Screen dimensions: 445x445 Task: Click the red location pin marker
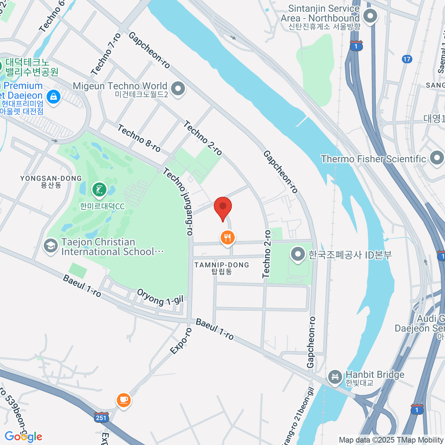coord(223,208)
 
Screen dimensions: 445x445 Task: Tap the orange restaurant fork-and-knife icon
coord(228,237)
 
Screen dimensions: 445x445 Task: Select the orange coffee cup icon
coord(123,400)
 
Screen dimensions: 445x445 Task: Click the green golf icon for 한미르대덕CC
coord(99,190)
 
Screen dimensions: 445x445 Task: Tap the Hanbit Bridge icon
coord(335,376)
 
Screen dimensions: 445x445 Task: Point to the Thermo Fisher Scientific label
coord(373,159)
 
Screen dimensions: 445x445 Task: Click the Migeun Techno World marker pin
coord(179,89)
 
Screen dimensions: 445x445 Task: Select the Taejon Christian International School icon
coord(50,246)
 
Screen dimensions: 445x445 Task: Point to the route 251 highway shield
coord(101,417)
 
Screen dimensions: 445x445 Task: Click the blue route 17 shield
coord(407,59)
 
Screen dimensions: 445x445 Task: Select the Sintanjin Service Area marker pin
coord(370,16)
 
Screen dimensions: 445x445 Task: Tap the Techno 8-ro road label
coord(139,138)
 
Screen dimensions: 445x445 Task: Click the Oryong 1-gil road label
coord(160,297)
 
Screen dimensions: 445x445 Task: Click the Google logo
coord(23,436)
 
